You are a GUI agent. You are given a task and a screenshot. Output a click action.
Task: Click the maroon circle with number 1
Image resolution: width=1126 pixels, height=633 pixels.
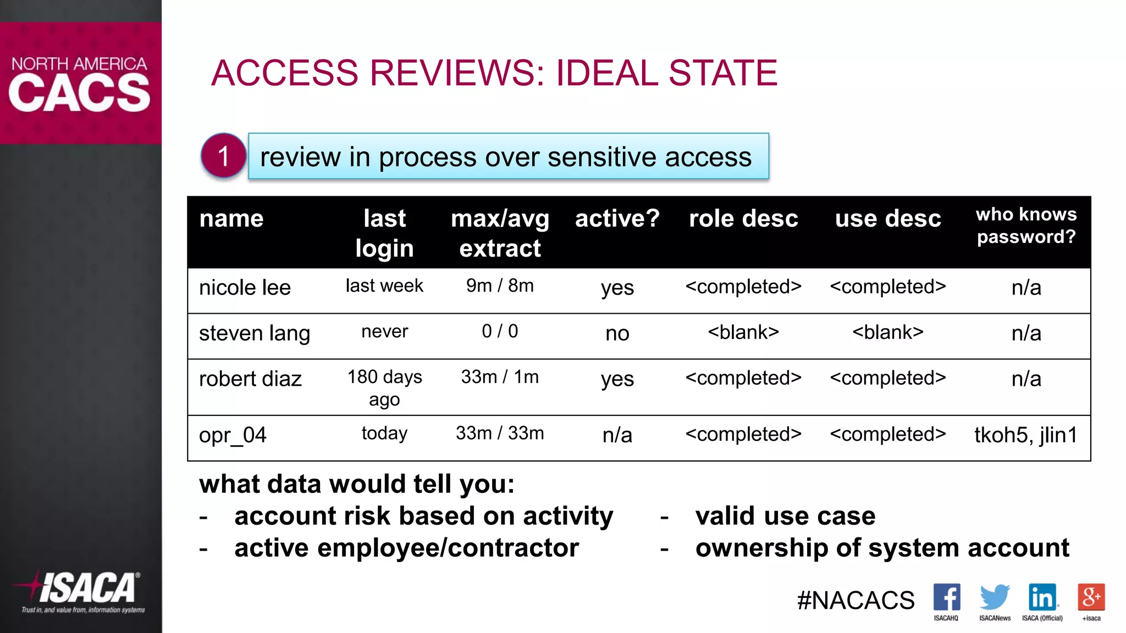click(223, 156)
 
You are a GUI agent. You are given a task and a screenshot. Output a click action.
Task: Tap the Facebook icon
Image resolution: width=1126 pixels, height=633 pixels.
click(946, 597)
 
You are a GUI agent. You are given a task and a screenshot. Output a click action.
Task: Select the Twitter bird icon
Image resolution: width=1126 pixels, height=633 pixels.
click(994, 597)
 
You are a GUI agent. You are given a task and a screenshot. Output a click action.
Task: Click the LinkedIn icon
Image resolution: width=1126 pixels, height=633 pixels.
click(1042, 597)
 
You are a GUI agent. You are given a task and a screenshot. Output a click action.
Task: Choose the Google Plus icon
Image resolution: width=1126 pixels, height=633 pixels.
click(1091, 597)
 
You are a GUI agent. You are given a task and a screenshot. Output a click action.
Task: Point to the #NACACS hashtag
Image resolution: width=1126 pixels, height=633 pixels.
click(855, 600)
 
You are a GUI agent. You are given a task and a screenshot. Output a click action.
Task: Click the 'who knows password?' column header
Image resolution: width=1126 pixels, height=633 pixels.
click(1026, 225)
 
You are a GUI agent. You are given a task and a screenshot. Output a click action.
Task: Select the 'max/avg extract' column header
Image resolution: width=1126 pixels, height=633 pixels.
click(500, 233)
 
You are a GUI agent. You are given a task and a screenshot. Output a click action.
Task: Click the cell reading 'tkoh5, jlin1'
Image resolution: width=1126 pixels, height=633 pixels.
click(1025, 435)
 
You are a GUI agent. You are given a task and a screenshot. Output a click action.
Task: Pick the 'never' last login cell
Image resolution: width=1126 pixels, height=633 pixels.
click(384, 332)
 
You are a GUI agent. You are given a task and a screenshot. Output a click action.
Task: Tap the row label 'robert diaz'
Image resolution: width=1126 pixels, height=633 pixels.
click(250, 379)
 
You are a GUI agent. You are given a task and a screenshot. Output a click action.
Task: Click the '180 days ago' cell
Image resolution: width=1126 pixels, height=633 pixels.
click(384, 388)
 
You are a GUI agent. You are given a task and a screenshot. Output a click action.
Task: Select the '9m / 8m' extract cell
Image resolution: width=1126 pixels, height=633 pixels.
click(500, 286)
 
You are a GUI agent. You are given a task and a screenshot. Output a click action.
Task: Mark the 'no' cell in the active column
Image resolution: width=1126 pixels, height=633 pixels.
click(617, 334)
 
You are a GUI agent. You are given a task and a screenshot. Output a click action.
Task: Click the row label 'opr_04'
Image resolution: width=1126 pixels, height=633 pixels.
click(233, 435)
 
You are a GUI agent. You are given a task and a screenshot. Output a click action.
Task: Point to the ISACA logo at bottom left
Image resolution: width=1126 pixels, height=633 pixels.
click(82, 591)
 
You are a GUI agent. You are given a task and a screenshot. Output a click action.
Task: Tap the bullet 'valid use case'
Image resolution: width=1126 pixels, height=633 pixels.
click(785, 516)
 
